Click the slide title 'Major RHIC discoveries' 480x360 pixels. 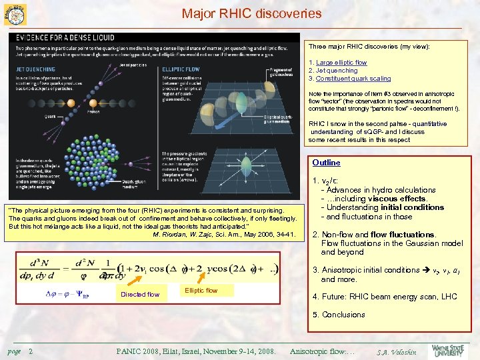[x=251, y=13]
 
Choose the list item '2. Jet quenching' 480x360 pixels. [x=333, y=71]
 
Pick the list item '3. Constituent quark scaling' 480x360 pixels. [x=349, y=79]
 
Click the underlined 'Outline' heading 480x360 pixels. [x=326, y=163]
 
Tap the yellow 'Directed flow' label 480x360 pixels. [x=140, y=294]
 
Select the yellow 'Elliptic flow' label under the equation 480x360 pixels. [x=201, y=290]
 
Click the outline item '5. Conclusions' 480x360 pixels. [x=339, y=315]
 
